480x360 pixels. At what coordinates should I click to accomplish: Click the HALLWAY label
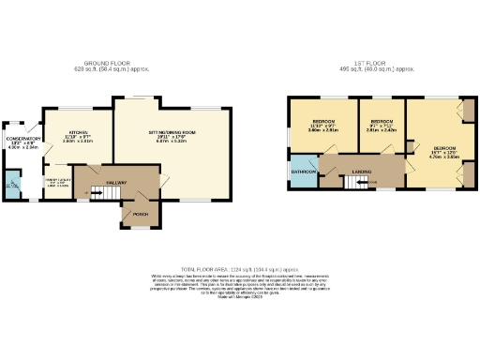point(116,182)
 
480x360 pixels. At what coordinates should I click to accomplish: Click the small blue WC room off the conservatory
point(12,183)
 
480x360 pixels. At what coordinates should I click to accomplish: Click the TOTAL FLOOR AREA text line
point(240,267)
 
